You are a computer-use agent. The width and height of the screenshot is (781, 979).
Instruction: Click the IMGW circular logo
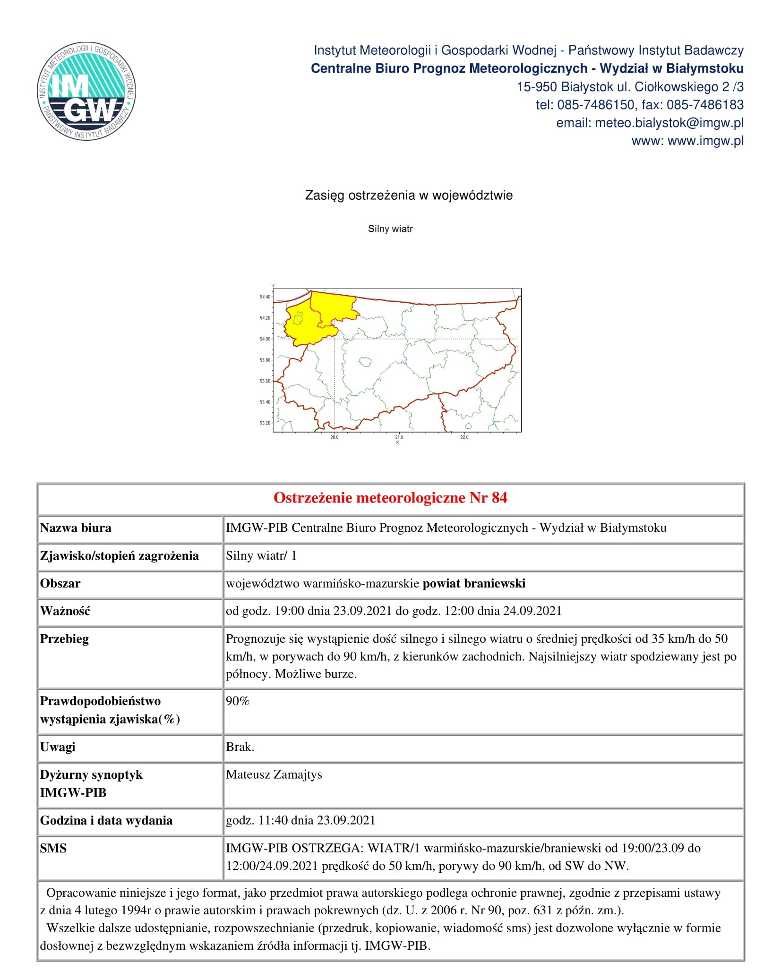(86, 93)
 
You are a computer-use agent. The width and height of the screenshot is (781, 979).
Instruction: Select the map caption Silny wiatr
(390, 229)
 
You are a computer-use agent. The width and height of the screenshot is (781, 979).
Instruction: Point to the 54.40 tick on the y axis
(265, 297)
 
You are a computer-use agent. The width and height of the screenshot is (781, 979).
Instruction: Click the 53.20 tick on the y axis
(265, 423)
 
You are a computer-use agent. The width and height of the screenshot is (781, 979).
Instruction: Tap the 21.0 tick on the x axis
(399, 437)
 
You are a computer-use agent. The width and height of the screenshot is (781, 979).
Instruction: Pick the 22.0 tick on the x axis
(464, 437)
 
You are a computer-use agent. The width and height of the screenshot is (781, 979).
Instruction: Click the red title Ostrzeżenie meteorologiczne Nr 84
(390, 498)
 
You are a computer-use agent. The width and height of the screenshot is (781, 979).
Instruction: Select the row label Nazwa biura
(76, 528)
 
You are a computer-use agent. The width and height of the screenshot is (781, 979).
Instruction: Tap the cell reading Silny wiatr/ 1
(261, 556)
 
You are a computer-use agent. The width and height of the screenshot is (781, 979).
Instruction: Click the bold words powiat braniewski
(474, 584)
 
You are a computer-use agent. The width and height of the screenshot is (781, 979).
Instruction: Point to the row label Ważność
(65, 611)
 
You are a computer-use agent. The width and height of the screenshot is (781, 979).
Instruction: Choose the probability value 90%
(238, 701)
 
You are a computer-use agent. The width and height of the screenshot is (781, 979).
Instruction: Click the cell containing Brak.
(240, 747)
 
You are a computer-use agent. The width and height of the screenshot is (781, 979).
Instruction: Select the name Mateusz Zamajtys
(274, 775)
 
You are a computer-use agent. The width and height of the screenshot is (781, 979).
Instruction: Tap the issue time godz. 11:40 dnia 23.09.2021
(300, 820)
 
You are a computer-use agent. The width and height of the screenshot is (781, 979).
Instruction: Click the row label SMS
(53, 848)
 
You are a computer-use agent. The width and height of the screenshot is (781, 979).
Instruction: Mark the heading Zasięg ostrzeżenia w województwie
(409, 196)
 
